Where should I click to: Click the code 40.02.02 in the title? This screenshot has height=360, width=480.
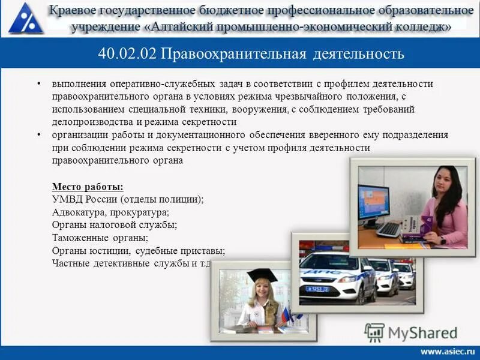click(x=127, y=54)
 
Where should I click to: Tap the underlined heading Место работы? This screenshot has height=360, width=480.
click(x=88, y=187)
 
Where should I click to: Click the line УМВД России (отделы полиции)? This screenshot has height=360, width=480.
click(x=128, y=200)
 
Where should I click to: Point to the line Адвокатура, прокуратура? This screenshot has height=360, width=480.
click(x=110, y=212)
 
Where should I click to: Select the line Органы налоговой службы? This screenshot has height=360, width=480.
click(x=114, y=225)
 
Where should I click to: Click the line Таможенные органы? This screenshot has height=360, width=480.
click(x=100, y=238)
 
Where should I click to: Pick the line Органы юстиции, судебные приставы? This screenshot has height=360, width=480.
click(x=138, y=250)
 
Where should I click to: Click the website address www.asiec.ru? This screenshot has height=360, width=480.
click(x=446, y=351)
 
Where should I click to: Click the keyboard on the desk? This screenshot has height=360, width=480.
click(x=388, y=229)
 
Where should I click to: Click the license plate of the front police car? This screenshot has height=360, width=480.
click(x=317, y=289)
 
